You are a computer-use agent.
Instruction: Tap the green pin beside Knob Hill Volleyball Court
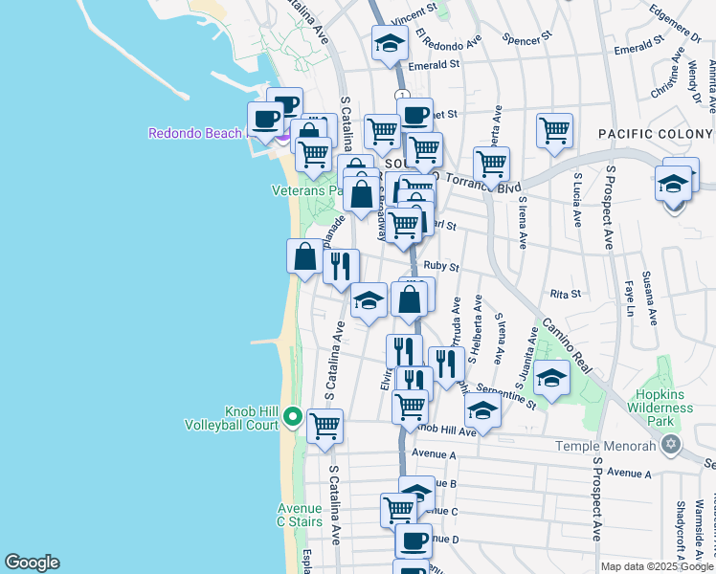[293, 417]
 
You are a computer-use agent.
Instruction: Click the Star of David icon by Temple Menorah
[670, 446]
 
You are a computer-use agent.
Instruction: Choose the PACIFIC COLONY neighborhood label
[656, 135]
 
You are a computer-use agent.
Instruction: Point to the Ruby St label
[448, 268]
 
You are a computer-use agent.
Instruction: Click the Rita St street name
[566, 294]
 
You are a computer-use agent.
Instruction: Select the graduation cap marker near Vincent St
[390, 43]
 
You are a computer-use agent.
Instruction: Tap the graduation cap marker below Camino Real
[551, 377]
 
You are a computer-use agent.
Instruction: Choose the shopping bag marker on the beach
[304, 255]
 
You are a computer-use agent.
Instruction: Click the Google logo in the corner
[32, 563]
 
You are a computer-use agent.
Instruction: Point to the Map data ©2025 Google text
[656, 566]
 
